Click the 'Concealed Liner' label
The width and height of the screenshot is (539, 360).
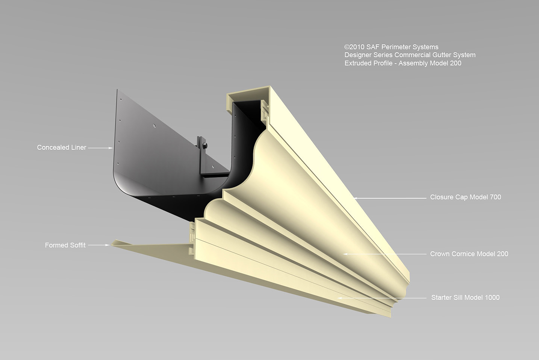(x=62, y=147)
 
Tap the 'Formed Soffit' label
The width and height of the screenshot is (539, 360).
(x=65, y=245)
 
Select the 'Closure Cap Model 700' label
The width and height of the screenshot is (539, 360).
(x=466, y=197)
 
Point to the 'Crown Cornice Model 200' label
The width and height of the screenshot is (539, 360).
(x=469, y=254)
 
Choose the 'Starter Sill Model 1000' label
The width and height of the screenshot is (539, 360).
(x=465, y=298)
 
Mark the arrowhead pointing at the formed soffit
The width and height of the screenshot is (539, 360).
(x=107, y=245)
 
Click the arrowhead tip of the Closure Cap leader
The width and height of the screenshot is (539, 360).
(x=354, y=198)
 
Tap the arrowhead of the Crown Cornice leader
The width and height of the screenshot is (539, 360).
(x=343, y=254)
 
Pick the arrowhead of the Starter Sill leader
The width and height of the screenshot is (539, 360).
(x=338, y=298)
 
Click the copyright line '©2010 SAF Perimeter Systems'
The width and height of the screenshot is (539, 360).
(x=391, y=47)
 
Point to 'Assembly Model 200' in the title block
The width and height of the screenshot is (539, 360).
(x=430, y=63)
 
